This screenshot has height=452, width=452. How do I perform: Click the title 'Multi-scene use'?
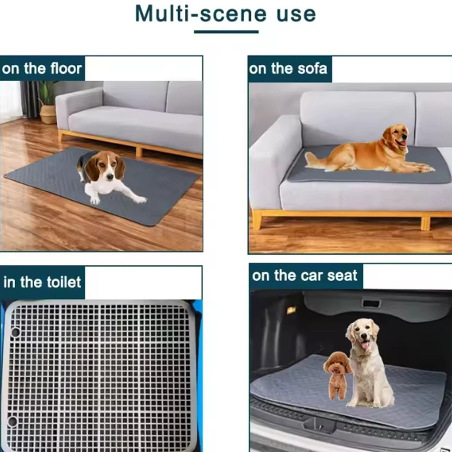click(x=225, y=14)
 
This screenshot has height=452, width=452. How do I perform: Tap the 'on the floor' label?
click(x=42, y=69)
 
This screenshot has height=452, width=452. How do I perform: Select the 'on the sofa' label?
click(x=288, y=69)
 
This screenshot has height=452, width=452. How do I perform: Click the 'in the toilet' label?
click(x=42, y=282)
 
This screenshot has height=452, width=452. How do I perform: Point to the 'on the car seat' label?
click(x=304, y=275)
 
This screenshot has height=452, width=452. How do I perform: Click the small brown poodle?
click(x=336, y=375)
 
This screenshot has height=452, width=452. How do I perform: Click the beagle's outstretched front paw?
click(x=140, y=200)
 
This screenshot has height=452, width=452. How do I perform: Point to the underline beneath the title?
click(x=226, y=32)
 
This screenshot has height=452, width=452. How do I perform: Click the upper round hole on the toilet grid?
click(x=15, y=332)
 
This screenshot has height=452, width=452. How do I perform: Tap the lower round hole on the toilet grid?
click(x=12, y=421)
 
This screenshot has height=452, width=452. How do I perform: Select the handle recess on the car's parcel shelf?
click(x=371, y=303)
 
